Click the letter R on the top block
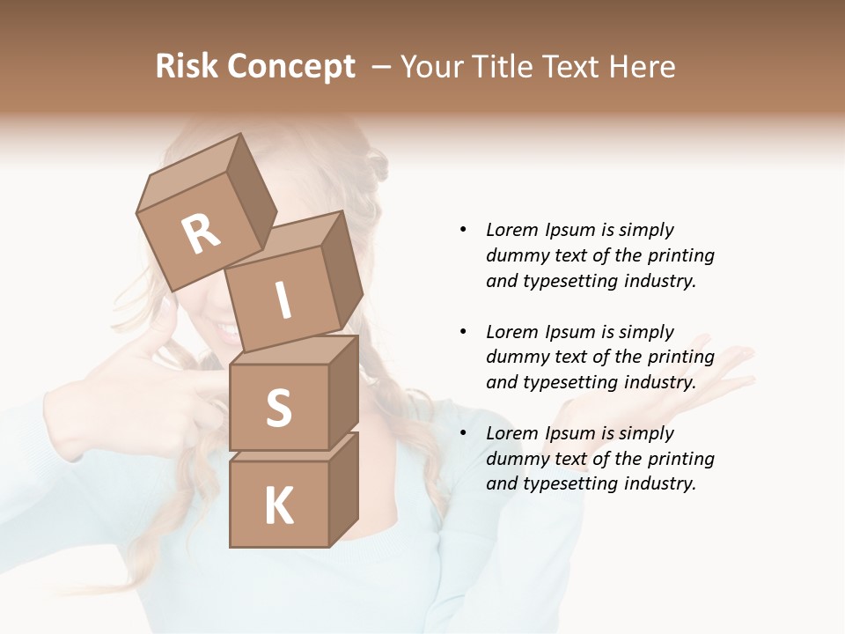click(202, 234)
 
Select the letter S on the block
click(278, 408)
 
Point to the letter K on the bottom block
click(279, 506)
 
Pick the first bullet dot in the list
click(463, 230)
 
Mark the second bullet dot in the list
click(463, 332)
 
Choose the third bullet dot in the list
click(463, 433)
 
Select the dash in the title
click(382, 67)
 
